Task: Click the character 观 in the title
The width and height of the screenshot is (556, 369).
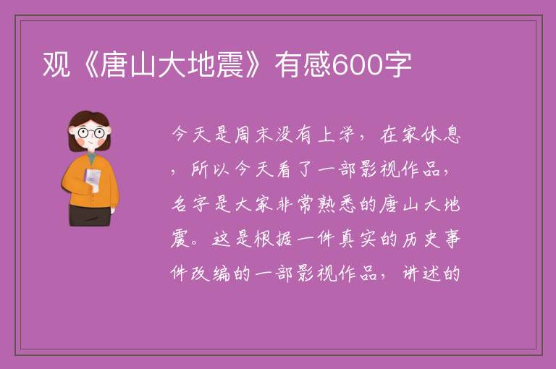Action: [x=56, y=64]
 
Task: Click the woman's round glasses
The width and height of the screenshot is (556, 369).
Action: [x=90, y=133]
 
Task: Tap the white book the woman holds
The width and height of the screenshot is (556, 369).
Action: [x=92, y=179]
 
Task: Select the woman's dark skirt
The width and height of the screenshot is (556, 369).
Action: [x=90, y=215]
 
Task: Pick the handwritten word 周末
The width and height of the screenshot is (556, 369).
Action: [x=253, y=135]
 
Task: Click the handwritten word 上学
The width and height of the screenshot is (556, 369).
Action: [x=337, y=135]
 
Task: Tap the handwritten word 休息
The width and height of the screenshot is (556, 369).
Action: [x=442, y=135]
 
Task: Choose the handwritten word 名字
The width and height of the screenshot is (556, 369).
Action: [x=190, y=204]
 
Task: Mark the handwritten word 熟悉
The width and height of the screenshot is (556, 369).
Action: [x=337, y=204]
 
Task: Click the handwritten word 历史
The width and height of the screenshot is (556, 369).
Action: [x=421, y=239]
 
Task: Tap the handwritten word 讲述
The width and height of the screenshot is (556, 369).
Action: [x=421, y=273]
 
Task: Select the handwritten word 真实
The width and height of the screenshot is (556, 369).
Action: [x=358, y=239]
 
